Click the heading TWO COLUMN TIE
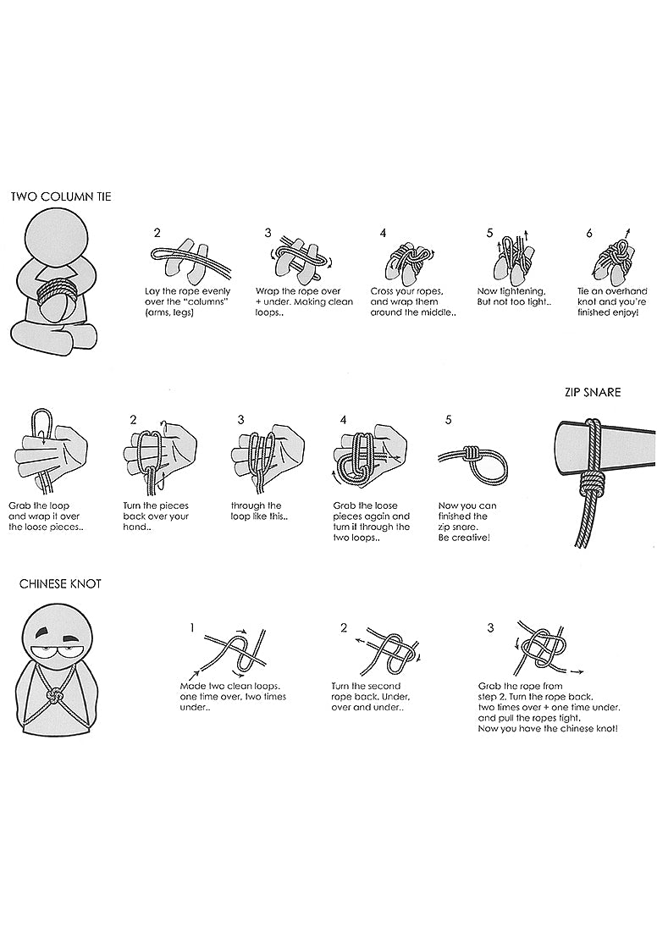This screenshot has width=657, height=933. pyautogui.click(x=61, y=196)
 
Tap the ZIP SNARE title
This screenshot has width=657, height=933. pyautogui.click(x=592, y=392)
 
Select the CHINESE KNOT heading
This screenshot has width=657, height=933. pyautogui.click(x=60, y=583)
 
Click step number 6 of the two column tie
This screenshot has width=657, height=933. pyautogui.click(x=589, y=234)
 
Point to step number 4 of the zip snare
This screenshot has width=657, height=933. pyautogui.click(x=343, y=420)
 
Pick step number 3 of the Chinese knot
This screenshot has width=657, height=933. pyautogui.click(x=490, y=627)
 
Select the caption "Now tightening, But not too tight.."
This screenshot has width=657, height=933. pyautogui.click(x=514, y=297)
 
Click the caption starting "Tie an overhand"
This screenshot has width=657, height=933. pyautogui.click(x=612, y=302)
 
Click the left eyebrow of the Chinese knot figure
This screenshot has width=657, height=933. pyautogui.click(x=41, y=632)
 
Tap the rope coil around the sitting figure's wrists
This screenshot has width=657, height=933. pyautogui.click(x=58, y=291)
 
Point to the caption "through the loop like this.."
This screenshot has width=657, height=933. pyautogui.click(x=259, y=511)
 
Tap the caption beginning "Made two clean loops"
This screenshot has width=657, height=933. pyautogui.click(x=233, y=697)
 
